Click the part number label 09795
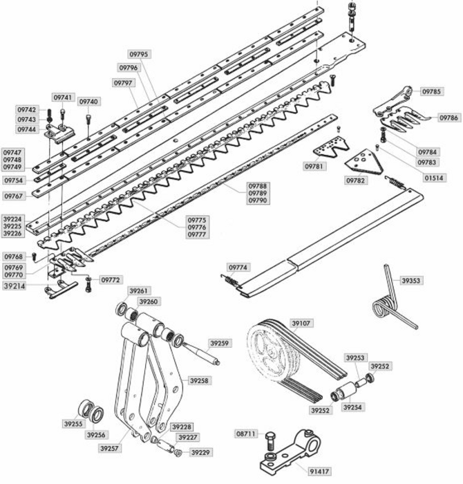(x=139, y=53)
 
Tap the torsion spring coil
(x=381, y=307)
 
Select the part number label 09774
(x=238, y=267)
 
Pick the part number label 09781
(x=314, y=167)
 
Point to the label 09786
(x=448, y=118)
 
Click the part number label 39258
(x=200, y=380)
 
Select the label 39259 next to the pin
(x=220, y=343)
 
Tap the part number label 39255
(x=73, y=424)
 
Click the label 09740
(x=89, y=102)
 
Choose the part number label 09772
(x=111, y=280)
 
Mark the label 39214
(x=16, y=285)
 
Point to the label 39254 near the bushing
(x=353, y=407)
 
